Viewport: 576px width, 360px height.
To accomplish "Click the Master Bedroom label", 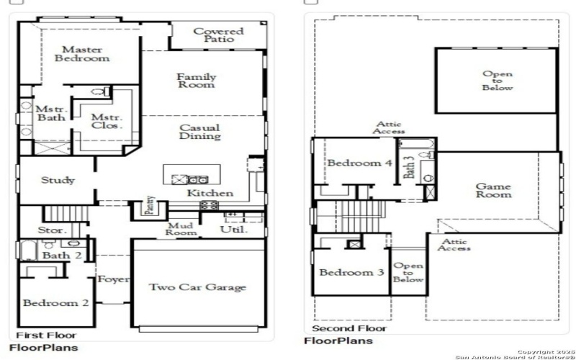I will (81, 54).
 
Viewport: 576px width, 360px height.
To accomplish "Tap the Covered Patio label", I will (218, 35).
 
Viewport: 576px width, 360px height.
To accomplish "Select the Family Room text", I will (197, 81).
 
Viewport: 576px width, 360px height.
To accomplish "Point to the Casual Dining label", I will (199, 132).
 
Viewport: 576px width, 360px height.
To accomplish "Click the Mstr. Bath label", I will (51, 113).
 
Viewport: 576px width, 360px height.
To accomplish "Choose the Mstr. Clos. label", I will (107, 121).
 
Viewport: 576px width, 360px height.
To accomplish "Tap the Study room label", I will (58, 180).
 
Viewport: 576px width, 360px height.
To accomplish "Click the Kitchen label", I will (210, 193).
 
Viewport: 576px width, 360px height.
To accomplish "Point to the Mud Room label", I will (181, 229).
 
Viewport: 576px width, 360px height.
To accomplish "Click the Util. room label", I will (234, 230).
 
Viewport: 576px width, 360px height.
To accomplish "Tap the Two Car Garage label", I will (197, 287).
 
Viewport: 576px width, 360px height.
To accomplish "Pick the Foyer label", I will (113, 279).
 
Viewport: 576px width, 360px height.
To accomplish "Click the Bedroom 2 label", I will (55, 303).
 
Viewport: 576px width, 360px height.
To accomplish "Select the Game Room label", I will (494, 190).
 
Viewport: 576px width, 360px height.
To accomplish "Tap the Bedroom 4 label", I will (360, 163).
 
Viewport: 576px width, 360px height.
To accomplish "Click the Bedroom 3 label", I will (351, 273).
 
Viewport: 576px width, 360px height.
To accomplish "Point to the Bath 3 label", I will (410, 168).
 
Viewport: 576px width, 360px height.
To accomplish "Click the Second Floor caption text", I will (339, 328).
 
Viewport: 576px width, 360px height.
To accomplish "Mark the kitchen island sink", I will (180, 179).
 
